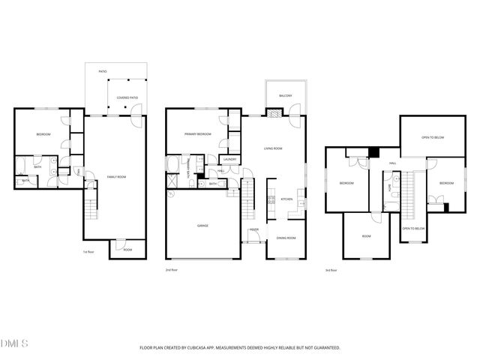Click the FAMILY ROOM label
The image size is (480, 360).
(116, 176)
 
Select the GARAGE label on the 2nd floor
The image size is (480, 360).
(202, 225)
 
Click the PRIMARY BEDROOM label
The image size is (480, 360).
(198, 134)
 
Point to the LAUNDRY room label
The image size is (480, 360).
(230, 159)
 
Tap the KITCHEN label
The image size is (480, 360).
(286, 199)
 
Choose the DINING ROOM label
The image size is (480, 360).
(286, 238)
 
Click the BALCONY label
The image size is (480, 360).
(285, 96)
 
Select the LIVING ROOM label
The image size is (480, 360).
(273, 148)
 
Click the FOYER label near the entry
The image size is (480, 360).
(254, 230)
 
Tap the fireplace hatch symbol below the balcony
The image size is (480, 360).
(275, 115)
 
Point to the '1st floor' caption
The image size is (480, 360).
(89, 252)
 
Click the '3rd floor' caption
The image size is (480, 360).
(331, 269)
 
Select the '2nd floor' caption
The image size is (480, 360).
(172, 269)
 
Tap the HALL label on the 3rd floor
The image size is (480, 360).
(392, 163)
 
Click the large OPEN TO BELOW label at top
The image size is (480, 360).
(433, 137)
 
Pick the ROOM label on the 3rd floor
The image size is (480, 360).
(366, 236)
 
